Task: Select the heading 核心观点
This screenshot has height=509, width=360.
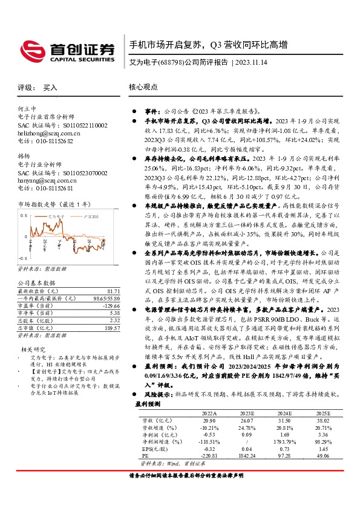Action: tap(140, 87)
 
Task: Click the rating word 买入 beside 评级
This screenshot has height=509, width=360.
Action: tap(51, 88)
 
